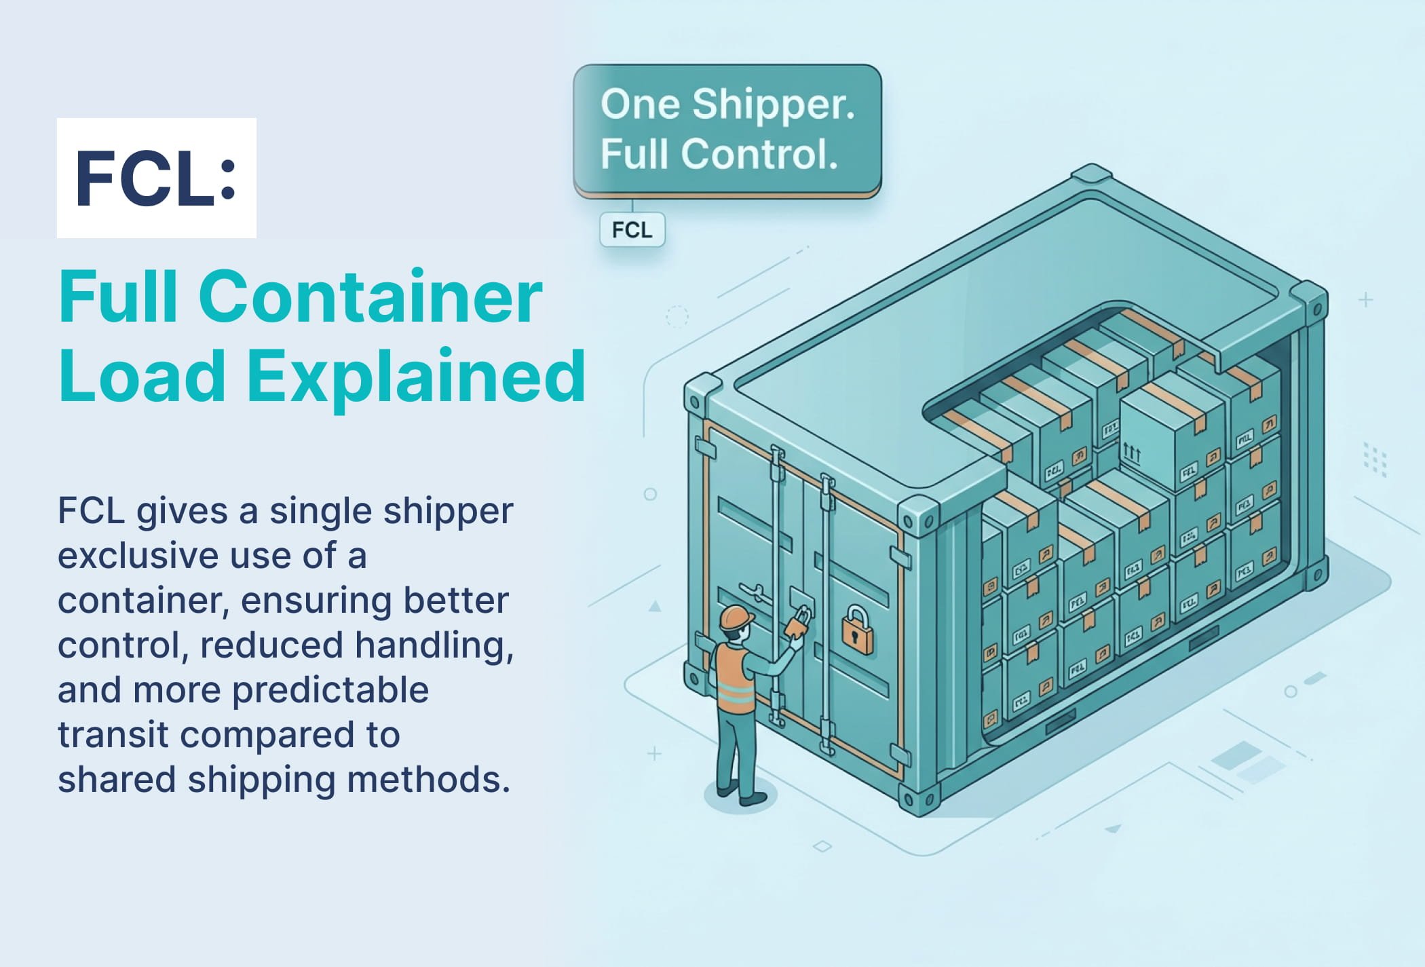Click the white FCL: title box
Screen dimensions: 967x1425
(156, 178)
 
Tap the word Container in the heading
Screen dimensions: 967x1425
(370, 297)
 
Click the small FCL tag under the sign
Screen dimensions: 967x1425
(632, 230)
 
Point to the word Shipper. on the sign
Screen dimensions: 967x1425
(774, 105)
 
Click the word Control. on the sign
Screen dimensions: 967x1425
(759, 154)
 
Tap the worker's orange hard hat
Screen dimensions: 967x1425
(736, 618)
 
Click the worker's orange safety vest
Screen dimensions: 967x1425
(735, 679)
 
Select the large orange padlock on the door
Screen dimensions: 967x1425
(858, 630)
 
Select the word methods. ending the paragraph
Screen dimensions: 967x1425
(428, 780)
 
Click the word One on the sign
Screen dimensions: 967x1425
(640, 105)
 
